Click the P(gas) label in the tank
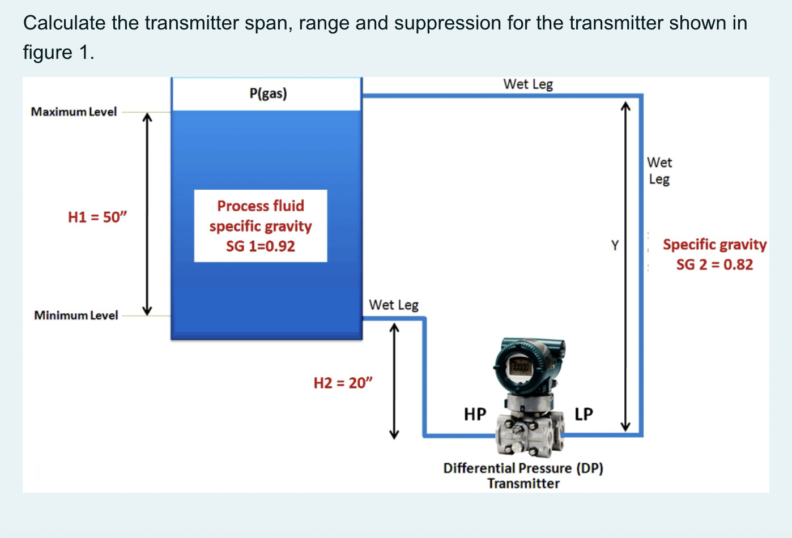tap(268, 93)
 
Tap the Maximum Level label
tap(74, 112)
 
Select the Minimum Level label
tap(76, 315)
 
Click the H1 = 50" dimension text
tap(97, 217)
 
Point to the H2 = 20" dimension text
tap(343, 383)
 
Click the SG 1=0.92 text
tap(261, 246)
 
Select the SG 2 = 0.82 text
tap(714, 264)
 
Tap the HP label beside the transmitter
tap(475, 415)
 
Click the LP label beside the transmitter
tap(584, 414)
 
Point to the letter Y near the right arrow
tap(615, 246)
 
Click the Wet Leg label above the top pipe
tap(528, 84)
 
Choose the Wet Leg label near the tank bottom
tap(393, 305)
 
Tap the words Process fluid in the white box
tap(261, 206)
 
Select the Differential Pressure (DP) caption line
tap(523, 468)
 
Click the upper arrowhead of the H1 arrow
tap(147, 117)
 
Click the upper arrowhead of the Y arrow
tap(625, 106)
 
